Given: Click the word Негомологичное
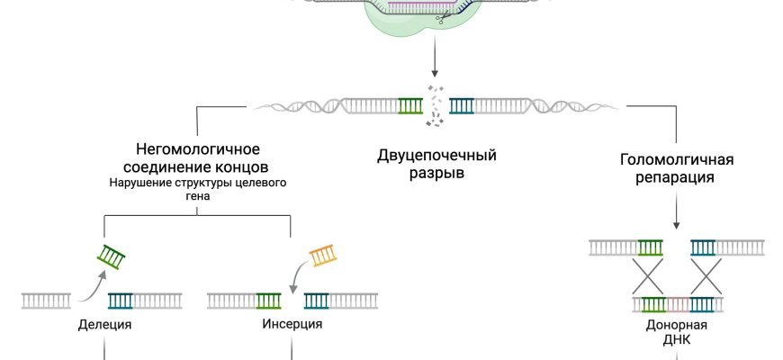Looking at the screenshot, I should (x=197, y=149).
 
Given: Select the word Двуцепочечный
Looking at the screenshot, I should (x=436, y=155).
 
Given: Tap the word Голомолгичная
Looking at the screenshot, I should (x=677, y=160).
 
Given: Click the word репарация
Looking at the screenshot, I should (x=677, y=177).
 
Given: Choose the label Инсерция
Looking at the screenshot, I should (x=292, y=324).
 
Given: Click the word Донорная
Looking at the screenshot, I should (x=677, y=325).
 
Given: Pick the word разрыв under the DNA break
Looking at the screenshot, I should (x=436, y=173).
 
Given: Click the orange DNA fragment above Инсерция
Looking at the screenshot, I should (x=323, y=257).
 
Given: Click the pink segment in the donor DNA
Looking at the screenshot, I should (x=677, y=304).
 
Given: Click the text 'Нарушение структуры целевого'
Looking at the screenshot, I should (x=197, y=183).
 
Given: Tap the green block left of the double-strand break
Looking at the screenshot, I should (x=410, y=105).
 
